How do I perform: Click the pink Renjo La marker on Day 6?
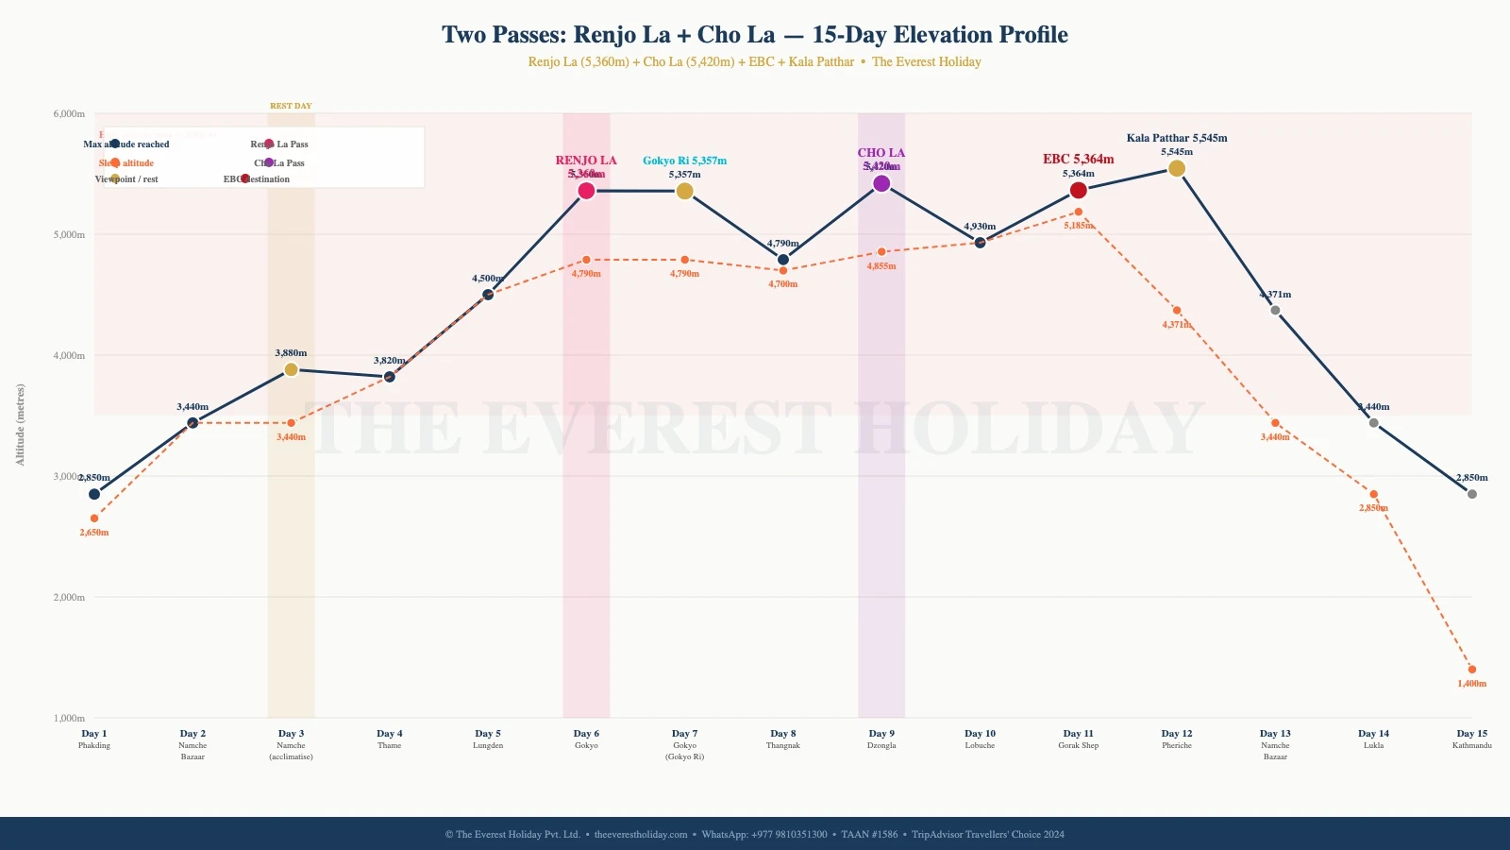click(x=586, y=191)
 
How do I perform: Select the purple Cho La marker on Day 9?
click(x=881, y=183)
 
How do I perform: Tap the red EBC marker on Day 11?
click(x=1079, y=191)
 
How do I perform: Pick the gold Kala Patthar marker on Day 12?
click(x=1177, y=168)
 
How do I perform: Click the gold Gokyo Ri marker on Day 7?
click(x=685, y=191)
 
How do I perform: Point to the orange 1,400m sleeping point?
click(x=1472, y=670)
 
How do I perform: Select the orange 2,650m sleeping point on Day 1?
click(x=94, y=518)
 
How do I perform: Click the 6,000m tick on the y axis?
click(x=69, y=113)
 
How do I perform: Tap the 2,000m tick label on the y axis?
click(x=69, y=597)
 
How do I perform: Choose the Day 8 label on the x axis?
click(x=782, y=734)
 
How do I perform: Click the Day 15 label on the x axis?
click(x=1471, y=734)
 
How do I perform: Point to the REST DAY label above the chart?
click(x=291, y=106)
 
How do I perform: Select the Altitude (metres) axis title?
click(x=21, y=424)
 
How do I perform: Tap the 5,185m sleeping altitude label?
click(x=1080, y=226)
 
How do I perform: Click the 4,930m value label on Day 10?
click(x=980, y=227)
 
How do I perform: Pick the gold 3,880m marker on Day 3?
click(x=291, y=369)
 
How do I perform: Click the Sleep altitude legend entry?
click(x=126, y=163)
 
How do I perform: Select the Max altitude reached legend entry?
click(x=126, y=144)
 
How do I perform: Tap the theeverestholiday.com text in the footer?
click(x=641, y=834)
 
